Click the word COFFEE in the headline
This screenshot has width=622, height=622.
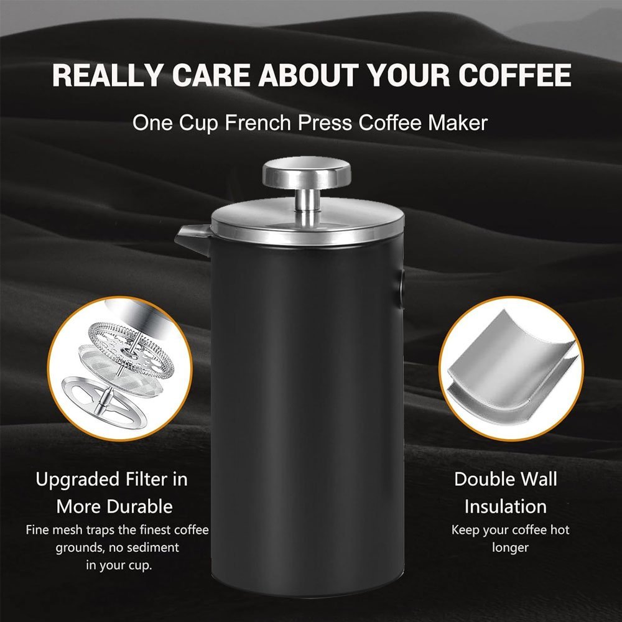(515, 75)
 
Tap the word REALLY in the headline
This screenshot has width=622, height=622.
(108, 75)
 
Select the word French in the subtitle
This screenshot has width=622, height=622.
(258, 123)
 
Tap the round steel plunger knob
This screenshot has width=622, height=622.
(307, 173)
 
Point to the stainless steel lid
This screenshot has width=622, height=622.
(307, 223)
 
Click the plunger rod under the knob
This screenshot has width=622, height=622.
(307, 207)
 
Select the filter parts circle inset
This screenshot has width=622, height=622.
(120, 368)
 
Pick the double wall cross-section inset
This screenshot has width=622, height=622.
(511, 368)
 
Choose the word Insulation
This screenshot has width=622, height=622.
(505, 506)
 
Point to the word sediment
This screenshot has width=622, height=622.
(152, 547)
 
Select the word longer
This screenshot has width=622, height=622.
(510, 548)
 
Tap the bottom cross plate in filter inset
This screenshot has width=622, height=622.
(104, 402)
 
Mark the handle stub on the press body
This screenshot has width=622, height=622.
(401, 289)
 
